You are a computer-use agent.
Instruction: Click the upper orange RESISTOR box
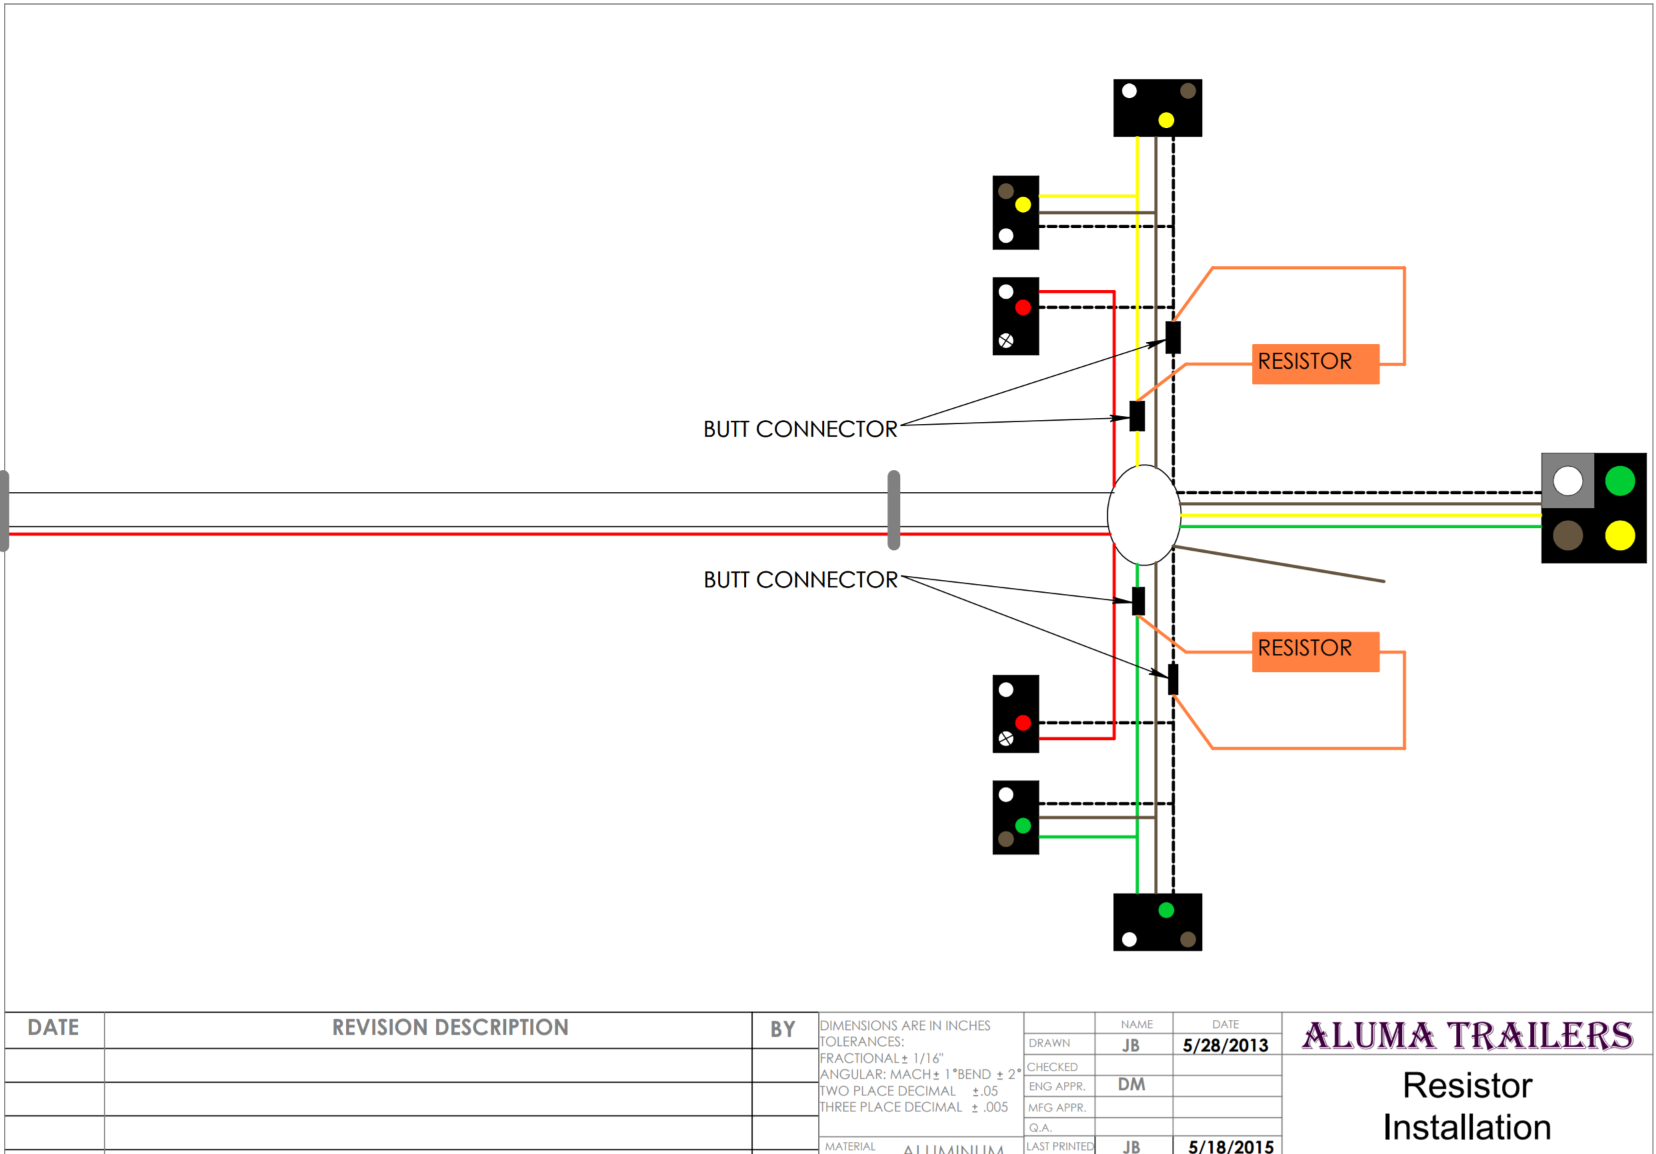1315,363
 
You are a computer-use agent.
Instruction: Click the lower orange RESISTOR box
1315,651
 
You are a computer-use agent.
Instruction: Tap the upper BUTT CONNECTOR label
800,429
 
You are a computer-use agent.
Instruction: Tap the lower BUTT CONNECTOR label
801,580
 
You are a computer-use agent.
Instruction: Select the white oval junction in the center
1143,514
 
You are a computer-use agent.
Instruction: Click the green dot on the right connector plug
1619,481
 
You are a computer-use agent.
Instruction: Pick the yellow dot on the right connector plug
1619,536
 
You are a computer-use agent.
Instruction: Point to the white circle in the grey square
1567,481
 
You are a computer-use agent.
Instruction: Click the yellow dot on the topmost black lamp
1165,121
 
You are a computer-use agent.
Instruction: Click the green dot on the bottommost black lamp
1165,910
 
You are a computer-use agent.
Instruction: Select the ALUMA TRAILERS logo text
1467,1036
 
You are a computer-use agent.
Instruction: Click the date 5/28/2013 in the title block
1225,1046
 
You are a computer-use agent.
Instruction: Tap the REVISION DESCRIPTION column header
450,1028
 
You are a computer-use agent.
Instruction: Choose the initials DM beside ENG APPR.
1131,1085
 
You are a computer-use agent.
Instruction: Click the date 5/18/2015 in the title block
1231,1146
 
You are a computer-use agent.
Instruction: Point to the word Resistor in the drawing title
1467,1085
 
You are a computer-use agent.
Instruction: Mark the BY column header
783,1029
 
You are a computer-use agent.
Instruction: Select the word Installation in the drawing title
1467,1127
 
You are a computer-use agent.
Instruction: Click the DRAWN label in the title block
1049,1043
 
